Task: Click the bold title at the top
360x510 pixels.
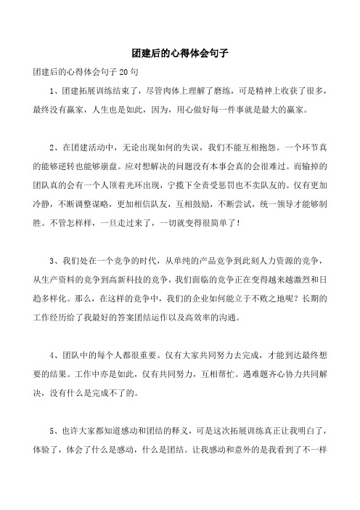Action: [x=179, y=53]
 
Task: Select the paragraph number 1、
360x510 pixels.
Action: [x=49, y=92]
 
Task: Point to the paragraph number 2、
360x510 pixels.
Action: [x=49, y=145]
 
